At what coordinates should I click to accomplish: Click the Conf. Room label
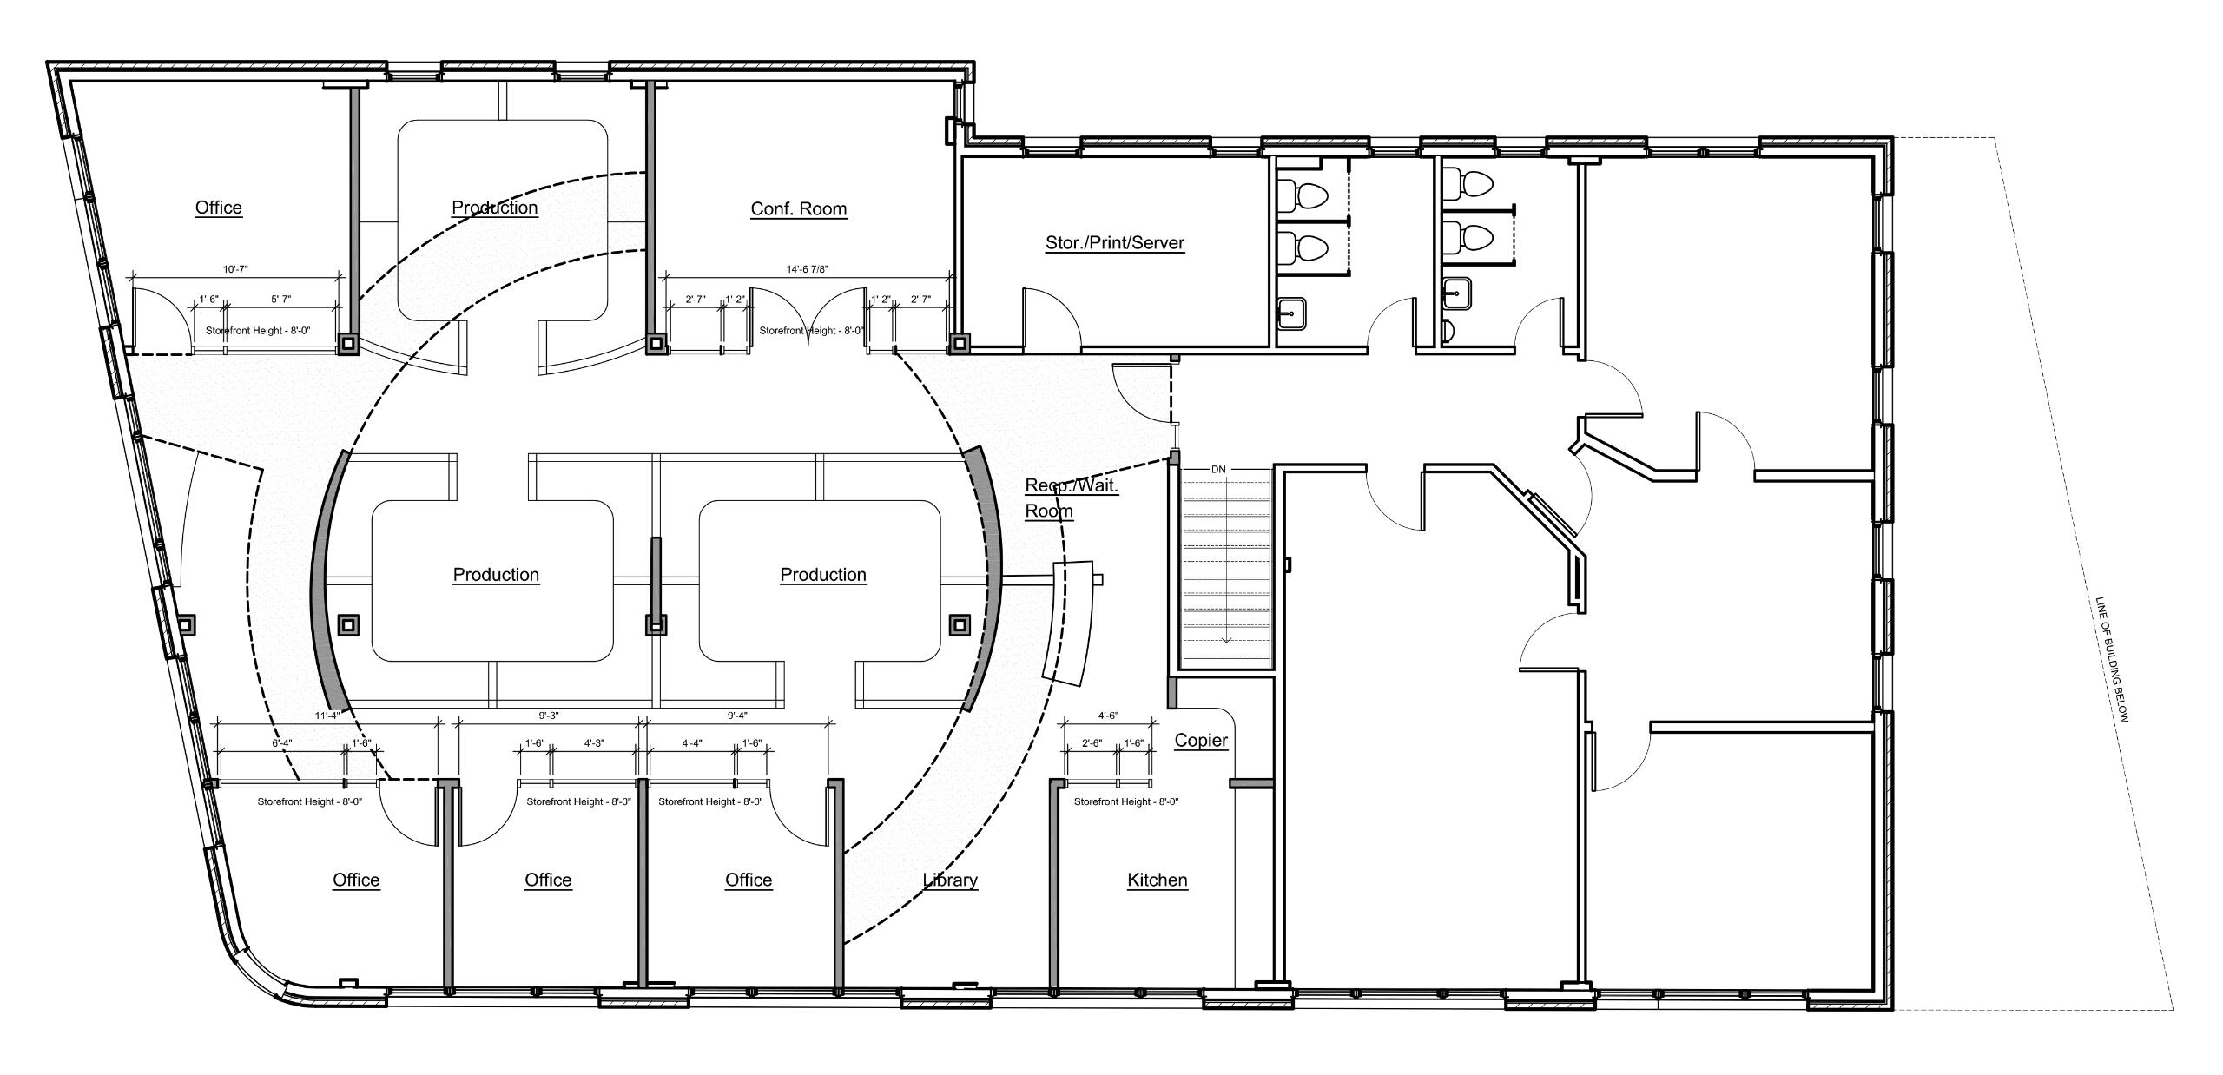click(x=798, y=208)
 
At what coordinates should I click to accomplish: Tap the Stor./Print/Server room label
click(x=1114, y=242)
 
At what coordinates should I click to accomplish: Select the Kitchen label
click(x=1157, y=880)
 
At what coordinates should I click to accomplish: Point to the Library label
click(x=950, y=880)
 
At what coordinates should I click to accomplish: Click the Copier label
click(x=1201, y=740)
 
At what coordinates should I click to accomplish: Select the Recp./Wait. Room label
click(x=1071, y=498)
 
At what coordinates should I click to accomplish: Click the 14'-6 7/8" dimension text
click(x=807, y=269)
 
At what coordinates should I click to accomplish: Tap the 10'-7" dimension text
click(x=234, y=269)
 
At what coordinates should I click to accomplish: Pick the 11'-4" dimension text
click(x=327, y=716)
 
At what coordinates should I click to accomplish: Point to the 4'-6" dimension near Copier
click(x=1108, y=716)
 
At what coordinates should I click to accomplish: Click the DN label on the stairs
click(x=1218, y=469)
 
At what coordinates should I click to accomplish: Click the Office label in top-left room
click(x=218, y=207)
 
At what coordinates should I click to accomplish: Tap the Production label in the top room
click(x=494, y=207)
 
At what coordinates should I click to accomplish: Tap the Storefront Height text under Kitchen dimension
click(x=1125, y=801)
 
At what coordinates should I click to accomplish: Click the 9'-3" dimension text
click(x=548, y=716)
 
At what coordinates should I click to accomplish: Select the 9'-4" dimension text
click(x=736, y=716)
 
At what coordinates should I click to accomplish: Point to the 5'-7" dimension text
click(x=280, y=299)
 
